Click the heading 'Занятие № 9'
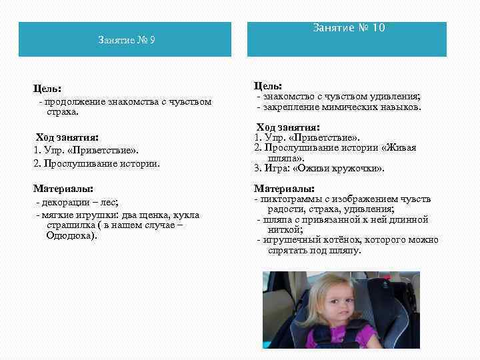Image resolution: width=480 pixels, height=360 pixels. (126, 41)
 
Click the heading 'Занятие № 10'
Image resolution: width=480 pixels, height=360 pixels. (349, 28)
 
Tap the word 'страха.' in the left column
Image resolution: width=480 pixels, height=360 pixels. (60, 112)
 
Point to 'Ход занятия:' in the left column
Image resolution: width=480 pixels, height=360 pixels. (67, 137)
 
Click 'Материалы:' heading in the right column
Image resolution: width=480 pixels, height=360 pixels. (284, 189)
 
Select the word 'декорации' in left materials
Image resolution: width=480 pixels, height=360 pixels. (66, 202)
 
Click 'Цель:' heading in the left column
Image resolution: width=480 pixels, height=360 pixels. (47, 88)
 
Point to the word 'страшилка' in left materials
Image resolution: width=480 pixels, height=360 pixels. (61, 225)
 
